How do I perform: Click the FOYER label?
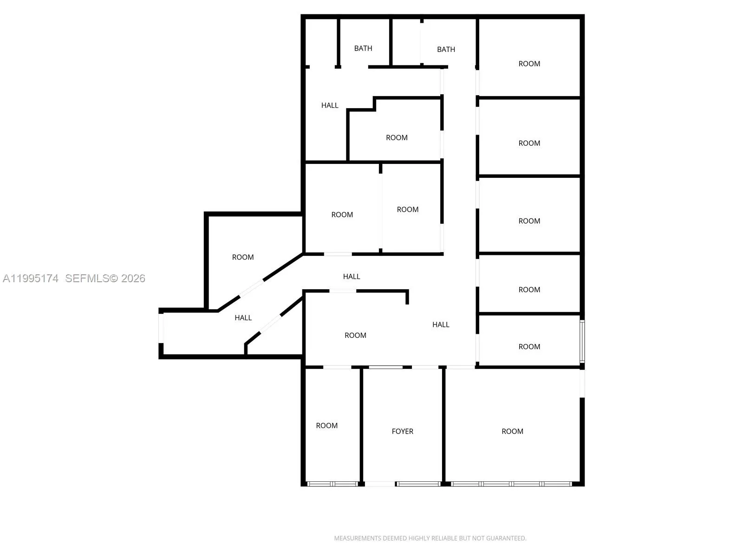(x=402, y=431)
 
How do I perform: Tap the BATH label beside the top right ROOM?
(x=446, y=49)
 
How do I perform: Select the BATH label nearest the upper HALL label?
(x=363, y=48)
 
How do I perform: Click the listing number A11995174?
(x=31, y=278)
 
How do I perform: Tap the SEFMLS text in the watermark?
(x=87, y=278)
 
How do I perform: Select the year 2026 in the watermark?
(x=133, y=278)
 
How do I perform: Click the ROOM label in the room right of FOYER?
(x=512, y=431)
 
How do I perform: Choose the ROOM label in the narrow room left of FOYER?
(x=326, y=426)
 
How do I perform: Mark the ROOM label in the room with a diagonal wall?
(x=243, y=257)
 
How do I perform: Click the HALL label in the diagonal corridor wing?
(x=243, y=318)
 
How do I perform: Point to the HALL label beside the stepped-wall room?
(x=330, y=105)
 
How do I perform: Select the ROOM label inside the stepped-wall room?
(x=397, y=138)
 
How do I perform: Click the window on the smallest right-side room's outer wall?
(x=582, y=341)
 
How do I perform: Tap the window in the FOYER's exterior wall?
(x=418, y=484)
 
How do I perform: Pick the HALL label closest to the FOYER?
(x=441, y=325)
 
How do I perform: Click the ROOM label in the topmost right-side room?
(x=529, y=64)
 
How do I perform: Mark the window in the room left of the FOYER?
(x=332, y=484)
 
